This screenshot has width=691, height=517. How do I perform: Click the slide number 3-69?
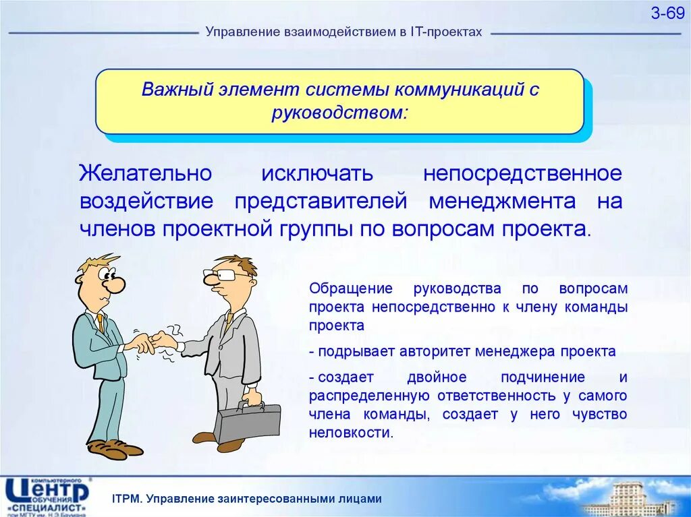[667, 13]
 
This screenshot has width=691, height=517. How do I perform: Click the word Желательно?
[146, 173]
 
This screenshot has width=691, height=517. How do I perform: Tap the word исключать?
[317, 173]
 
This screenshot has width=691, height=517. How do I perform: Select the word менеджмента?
[502, 202]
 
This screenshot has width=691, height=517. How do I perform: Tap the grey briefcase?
[247, 422]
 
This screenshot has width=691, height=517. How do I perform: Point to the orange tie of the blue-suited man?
[101, 324]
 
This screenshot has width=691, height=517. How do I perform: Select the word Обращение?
[351, 289]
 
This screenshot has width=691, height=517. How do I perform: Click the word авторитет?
[435, 352]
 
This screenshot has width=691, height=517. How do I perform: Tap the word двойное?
[437, 377]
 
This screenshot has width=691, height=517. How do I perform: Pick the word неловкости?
[350, 433]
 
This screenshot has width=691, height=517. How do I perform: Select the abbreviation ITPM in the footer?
[127, 499]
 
